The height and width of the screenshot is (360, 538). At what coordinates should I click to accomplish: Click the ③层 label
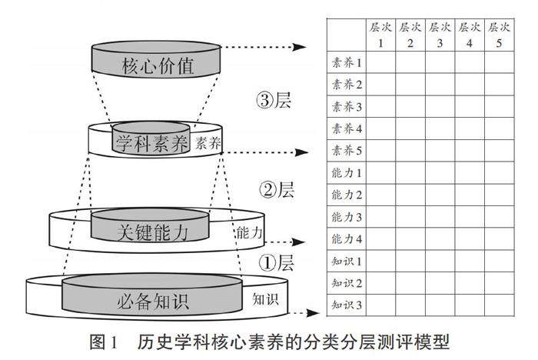274,100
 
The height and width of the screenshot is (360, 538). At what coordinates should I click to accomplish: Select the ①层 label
276,262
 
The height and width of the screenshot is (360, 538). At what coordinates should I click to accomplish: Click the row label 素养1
346,62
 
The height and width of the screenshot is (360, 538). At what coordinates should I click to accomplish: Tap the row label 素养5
346,150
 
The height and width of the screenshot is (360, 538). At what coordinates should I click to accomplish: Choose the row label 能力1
346,173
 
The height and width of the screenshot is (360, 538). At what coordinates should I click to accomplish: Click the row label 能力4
346,239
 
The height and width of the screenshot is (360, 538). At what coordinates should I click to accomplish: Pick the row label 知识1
346,262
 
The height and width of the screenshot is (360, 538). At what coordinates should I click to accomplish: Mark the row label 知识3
346,305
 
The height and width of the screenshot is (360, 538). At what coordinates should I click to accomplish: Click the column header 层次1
380,35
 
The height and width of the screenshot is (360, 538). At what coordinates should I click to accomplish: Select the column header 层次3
440,35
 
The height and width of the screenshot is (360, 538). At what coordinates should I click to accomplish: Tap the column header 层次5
499,35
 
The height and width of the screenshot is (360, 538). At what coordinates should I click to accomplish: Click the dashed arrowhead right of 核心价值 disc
304,48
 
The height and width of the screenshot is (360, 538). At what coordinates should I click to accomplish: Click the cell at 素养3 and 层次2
410,106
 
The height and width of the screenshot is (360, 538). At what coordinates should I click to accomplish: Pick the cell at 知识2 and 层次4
470,283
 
